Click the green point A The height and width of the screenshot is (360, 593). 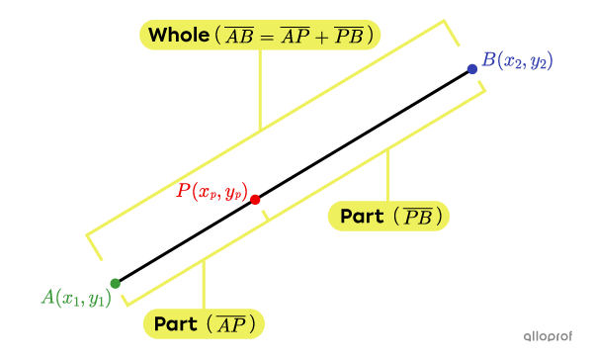pos(115,284)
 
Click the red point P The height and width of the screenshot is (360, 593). pos(255,200)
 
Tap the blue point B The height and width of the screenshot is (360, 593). pos(472,68)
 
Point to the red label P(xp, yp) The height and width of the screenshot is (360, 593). pos(212,191)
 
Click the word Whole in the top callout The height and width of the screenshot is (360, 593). pos(178,37)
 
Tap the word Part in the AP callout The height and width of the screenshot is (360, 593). pos(176,324)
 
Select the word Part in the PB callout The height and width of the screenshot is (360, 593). pos(362,216)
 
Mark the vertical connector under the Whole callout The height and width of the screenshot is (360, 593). pos(260,89)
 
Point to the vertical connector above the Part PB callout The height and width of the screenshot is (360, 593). pos(387,176)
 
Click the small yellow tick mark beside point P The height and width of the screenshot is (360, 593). pos(265,215)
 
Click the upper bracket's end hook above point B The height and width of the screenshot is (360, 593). pos(452,35)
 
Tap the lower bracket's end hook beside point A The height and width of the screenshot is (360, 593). pos(126,298)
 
